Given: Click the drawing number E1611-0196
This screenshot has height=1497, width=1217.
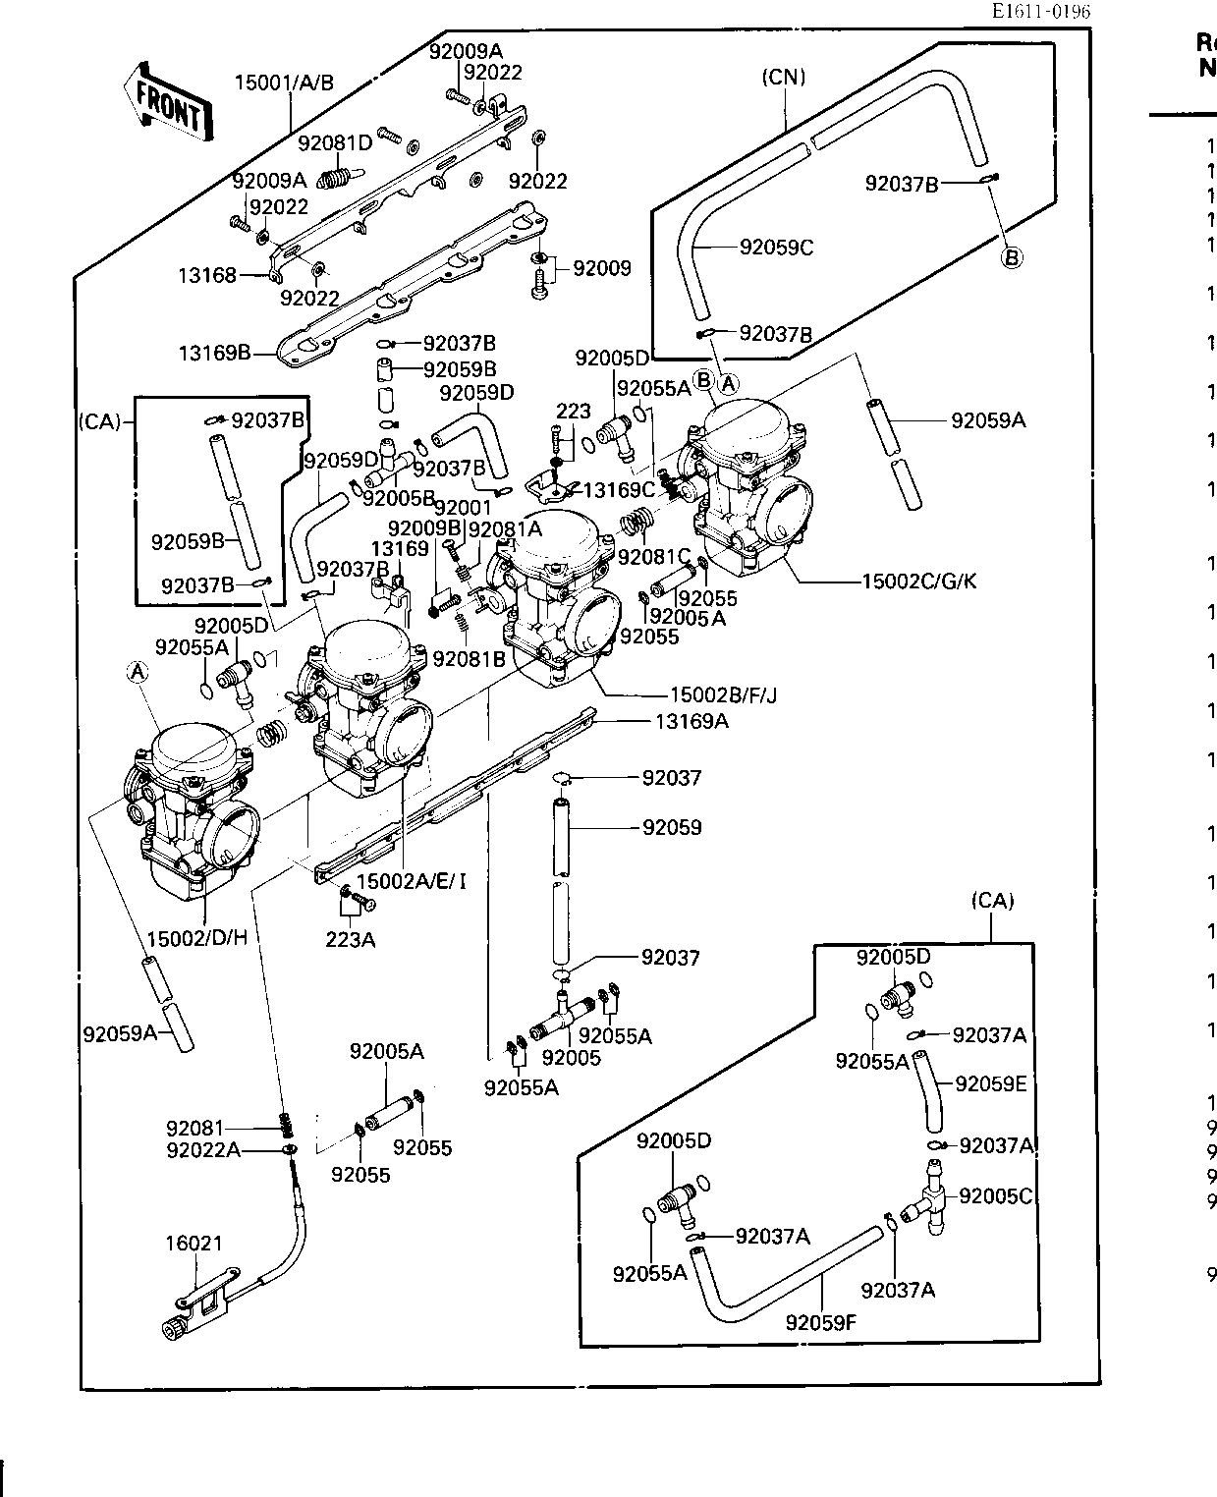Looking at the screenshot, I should pos(1040,12).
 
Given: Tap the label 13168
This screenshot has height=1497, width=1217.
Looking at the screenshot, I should pos(207,275).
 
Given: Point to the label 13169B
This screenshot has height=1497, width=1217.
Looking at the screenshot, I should pos(214,352).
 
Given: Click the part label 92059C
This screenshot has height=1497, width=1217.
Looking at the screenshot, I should pos(776,248).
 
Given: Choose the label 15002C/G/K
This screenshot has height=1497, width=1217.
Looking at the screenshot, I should pos(918,581).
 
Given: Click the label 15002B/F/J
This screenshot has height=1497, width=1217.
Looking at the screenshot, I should pos(723,695).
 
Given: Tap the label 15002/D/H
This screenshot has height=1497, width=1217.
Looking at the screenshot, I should pos(196,938).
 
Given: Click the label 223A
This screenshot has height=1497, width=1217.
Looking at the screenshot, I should pos(350,940).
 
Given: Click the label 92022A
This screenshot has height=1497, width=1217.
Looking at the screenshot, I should pos(203,1149).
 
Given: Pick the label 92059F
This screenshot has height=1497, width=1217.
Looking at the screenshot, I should pos(821,1322).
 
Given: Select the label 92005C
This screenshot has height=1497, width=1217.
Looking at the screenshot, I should pos(996,1196).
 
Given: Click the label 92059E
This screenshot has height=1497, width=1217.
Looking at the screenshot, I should pos(990,1083).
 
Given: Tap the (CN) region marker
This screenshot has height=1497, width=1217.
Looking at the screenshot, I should pos(784,78).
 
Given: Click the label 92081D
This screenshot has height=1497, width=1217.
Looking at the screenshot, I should pos(335,143).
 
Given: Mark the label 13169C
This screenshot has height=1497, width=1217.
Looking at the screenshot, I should pos(620,489).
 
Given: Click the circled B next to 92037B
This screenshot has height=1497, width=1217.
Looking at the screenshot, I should pos(1012,258).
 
